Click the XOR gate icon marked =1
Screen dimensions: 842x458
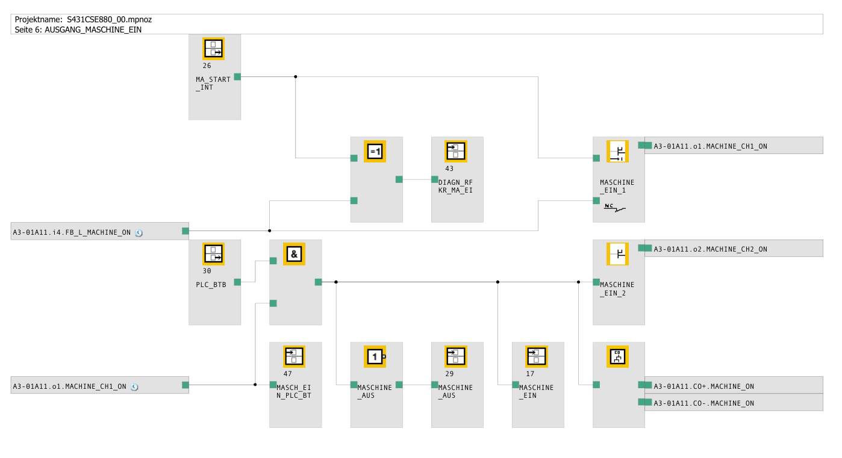pyautogui.click(x=375, y=152)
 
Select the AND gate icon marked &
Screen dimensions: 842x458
pyautogui.click(x=294, y=254)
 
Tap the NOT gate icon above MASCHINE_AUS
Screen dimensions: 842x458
pyautogui.click(x=375, y=356)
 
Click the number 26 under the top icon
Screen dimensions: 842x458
pyautogui.click(x=207, y=66)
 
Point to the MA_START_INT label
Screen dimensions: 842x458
pyautogui.click(x=213, y=84)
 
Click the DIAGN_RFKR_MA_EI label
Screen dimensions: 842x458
pyautogui.click(x=455, y=187)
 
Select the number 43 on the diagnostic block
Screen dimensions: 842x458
pyautogui.click(x=449, y=169)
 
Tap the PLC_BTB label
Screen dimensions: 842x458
pyautogui.click(x=211, y=285)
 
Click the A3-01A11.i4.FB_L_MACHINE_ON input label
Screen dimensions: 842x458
pyautogui.click(x=72, y=232)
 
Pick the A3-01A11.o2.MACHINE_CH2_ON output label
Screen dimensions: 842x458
pyautogui.click(x=711, y=249)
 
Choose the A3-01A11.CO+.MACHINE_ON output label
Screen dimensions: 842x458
pyautogui.click(x=703, y=386)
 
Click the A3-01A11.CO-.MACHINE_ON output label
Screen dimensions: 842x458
pyautogui.click(x=703, y=403)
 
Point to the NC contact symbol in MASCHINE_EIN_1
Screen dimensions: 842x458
pyautogui.click(x=614, y=208)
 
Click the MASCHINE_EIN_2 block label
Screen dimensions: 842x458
pyautogui.click(x=617, y=289)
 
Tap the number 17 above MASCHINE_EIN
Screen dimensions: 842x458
pyautogui.click(x=530, y=374)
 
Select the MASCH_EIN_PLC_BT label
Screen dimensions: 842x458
pyautogui.click(x=294, y=392)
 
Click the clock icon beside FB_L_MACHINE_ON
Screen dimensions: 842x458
pyautogui.click(x=139, y=233)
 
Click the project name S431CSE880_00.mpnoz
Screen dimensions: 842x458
pyautogui.click(x=110, y=19)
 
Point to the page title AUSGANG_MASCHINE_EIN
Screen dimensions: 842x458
pyautogui.click(x=93, y=29)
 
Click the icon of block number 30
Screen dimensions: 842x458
pyautogui.click(x=213, y=254)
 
